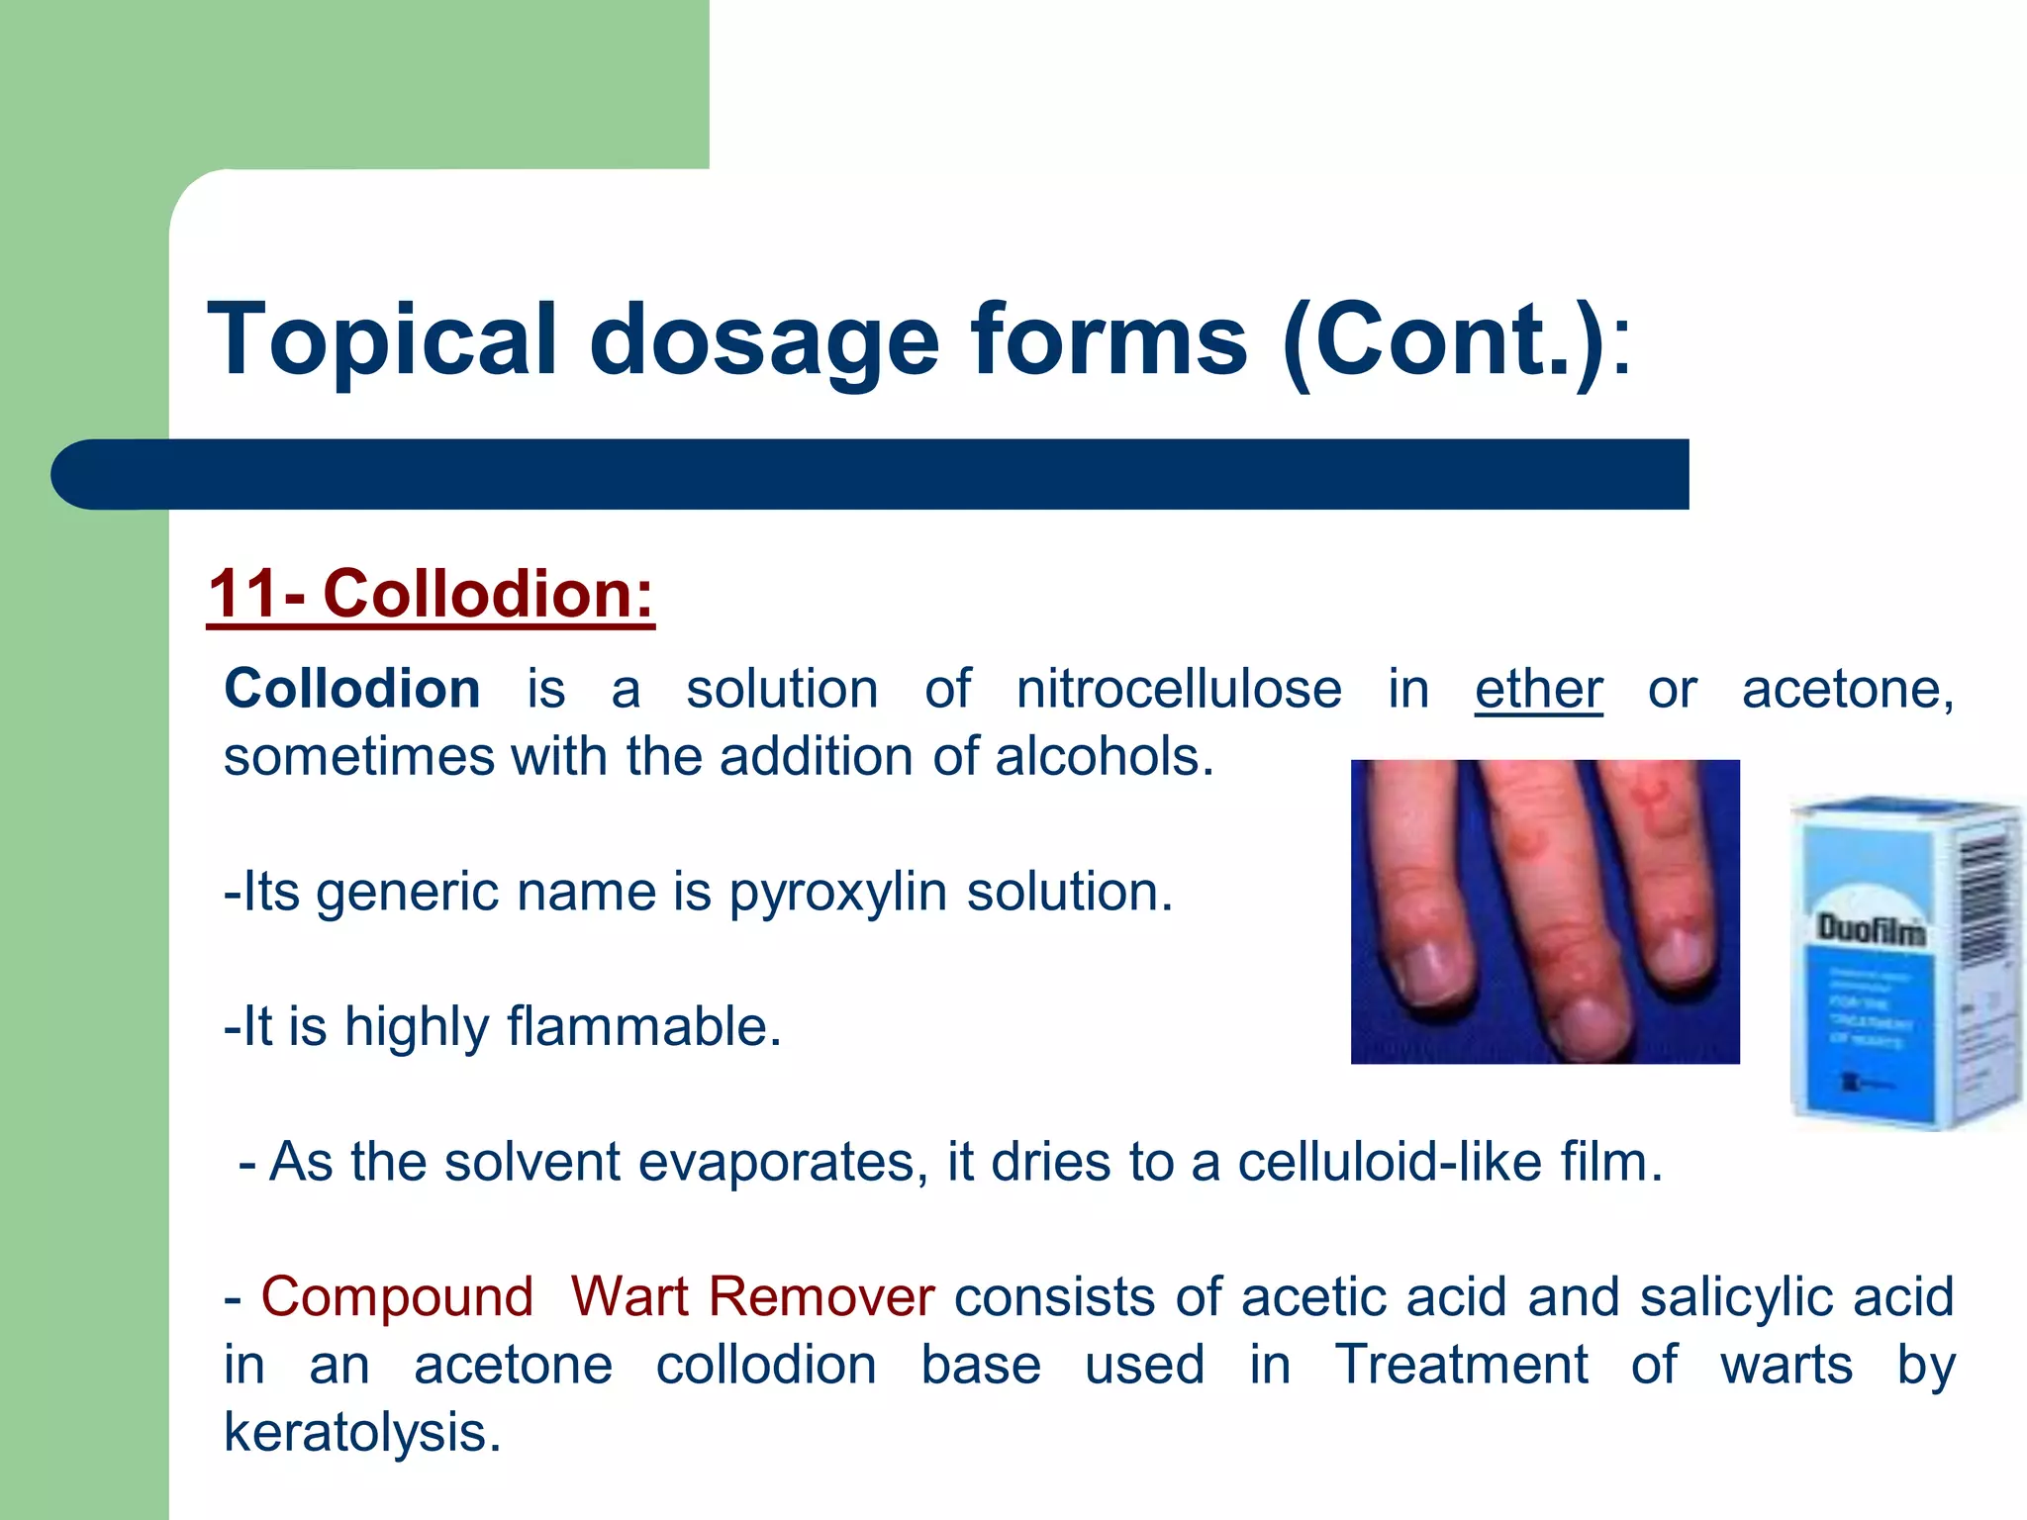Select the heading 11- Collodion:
click(x=431, y=594)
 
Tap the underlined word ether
click(x=1538, y=689)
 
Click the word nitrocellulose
click(x=1178, y=689)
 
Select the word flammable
click(x=643, y=1026)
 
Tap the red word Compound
click(x=397, y=1296)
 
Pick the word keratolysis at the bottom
click(x=362, y=1432)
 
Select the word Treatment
click(x=1461, y=1365)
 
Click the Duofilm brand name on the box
click(x=1871, y=929)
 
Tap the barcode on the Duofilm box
click(x=1983, y=901)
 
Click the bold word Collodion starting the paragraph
click(x=352, y=689)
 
